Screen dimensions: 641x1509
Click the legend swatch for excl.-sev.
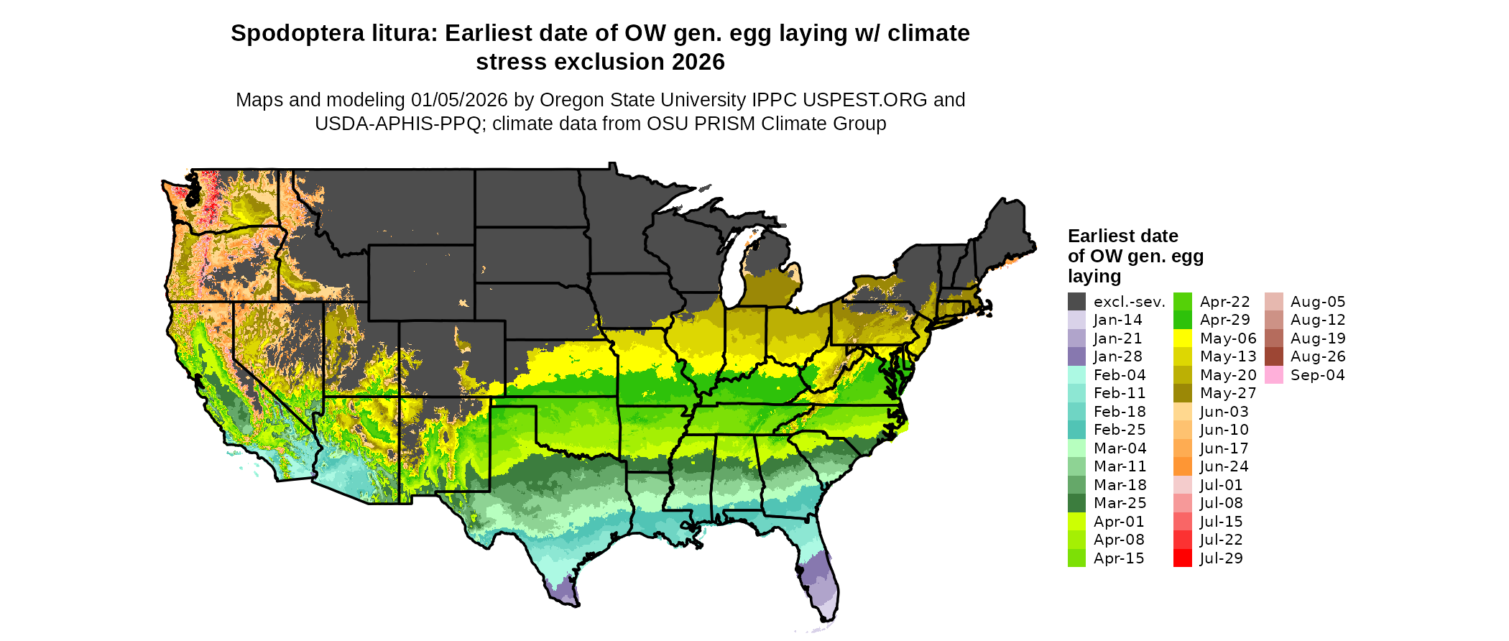(x=1076, y=302)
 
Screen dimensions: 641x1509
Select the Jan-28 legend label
(x=1117, y=356)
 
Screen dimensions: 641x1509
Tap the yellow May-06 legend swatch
(x=1182, y=338)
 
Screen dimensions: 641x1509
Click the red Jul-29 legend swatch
(x=1182, y=558)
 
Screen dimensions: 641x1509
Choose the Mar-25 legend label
(x=1120, y=503)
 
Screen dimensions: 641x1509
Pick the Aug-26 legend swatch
(x=1273, y=356)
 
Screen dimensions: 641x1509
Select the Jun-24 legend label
(x=1224, y=466)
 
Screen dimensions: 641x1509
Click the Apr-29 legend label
(x=1224, y=320)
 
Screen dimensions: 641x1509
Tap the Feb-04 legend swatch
(x=1076, y=375)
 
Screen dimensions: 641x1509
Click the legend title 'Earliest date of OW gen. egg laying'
(x=1135, y=256)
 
